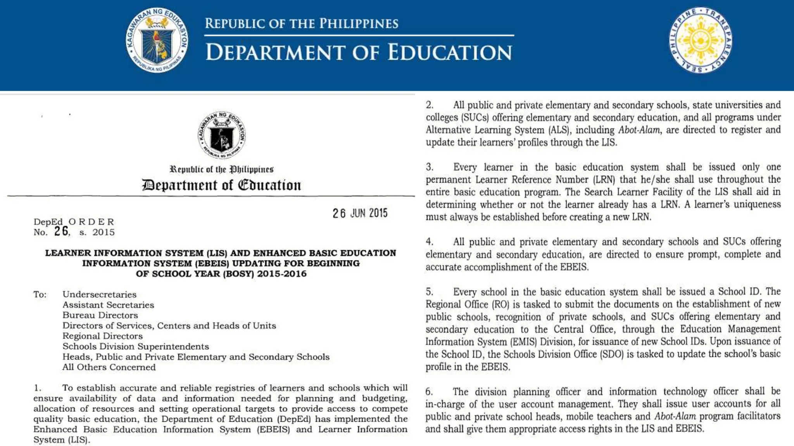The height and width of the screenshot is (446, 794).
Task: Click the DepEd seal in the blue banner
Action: [x=157, y=40]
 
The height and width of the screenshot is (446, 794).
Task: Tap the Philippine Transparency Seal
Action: [x=700, y=40]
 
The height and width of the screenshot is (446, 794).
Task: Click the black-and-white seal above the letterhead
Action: [x=221, y=135]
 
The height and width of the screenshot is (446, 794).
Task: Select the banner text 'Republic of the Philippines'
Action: [x=301, y=24]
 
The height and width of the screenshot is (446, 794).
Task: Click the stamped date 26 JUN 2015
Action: [x=360, y=213]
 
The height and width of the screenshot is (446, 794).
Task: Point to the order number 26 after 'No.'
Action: [x=61, y=231]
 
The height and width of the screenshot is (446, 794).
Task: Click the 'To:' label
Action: [x=40, y=295]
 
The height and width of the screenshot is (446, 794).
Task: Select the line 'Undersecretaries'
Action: [x=100, y=295]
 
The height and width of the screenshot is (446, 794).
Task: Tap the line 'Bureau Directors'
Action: [x=100, y=315]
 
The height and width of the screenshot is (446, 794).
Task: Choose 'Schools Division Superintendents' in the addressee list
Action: [x=136, y=347]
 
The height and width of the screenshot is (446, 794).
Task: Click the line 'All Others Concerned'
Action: [x=109, y=367]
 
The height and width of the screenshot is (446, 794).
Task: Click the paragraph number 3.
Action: [x=430, y=167]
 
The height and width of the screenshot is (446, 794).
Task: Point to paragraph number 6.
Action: [x=429, y=392]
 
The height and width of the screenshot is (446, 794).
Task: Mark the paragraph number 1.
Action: [x=37, y=388]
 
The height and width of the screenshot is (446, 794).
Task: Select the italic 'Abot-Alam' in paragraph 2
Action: [x=639, y=130]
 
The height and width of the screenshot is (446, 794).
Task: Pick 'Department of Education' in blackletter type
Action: [x=221, y=185]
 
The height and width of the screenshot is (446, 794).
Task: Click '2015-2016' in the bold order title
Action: [x=282, y=274]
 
